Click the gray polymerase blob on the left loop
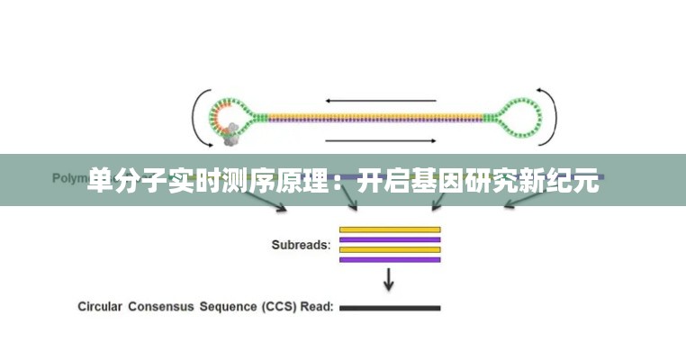tap(230, 134)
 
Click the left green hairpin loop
tap(226, 117)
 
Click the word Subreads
tap(301, 244)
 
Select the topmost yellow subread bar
tap(389, 229)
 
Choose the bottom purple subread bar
tap(389, 259)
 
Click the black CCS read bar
tap(389, 308)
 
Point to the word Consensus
tap(163, 307)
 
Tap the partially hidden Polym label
tap(68, 178)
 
